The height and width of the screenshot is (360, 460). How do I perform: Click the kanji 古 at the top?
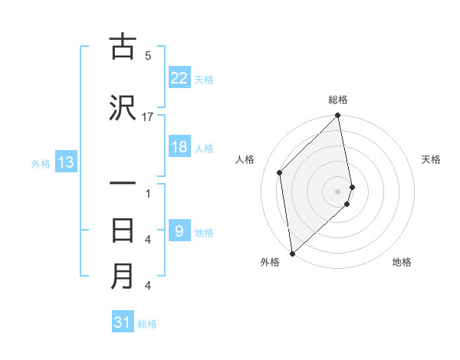tap(123, 47)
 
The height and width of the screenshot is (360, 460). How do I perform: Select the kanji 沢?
tap(123, 109)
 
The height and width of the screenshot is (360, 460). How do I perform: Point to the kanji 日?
tap(123, 230)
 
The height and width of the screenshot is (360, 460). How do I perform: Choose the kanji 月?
tap(123, 277)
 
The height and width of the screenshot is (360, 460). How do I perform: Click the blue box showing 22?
tap(179, 77)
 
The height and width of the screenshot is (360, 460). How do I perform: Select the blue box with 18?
tap(179, 147)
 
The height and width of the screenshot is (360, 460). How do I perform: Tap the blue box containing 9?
tap(179, 231)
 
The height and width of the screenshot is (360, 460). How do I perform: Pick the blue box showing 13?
tap(66, 162)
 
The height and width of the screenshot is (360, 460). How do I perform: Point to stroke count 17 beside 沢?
tap(148, 117)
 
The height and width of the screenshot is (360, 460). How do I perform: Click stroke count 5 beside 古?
tap(148, 56)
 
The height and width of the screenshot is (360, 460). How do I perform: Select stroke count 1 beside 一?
tap(148, 193)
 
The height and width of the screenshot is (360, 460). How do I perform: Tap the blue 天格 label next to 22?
tap(204, 79)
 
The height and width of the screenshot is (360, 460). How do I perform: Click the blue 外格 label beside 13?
tap(41, 163)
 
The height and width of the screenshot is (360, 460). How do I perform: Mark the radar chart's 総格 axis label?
tap(338, 100)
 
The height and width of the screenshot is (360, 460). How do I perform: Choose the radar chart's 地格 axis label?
tap(402, 262)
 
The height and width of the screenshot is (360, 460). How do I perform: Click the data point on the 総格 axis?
tap(338, 116)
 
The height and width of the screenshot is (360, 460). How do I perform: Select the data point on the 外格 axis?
tap(292, 253)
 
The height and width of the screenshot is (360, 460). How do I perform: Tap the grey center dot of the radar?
tap(338, 190)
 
